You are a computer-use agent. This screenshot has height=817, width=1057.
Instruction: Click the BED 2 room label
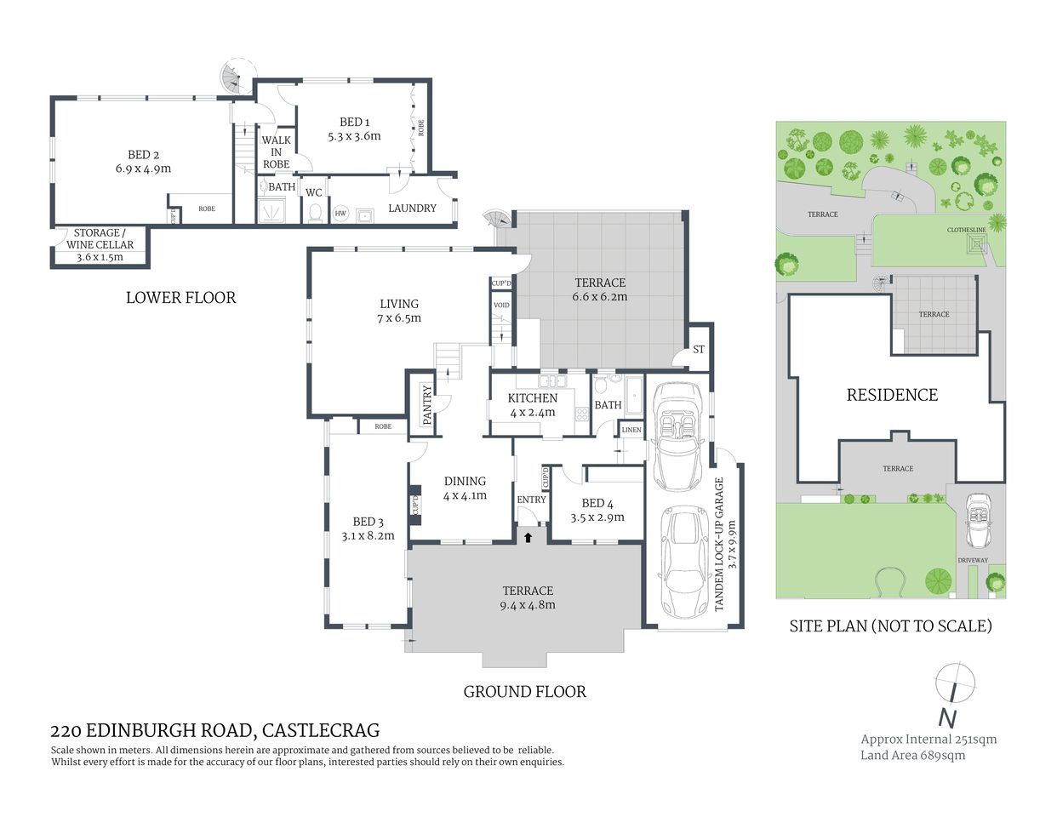pyautogui.click(x=143, y=155)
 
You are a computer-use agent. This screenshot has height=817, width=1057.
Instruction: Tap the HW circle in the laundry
pyautogui.click(x=340, y=214)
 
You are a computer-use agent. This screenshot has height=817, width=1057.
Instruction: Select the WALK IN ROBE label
pyautogui.click(x=276, y=152)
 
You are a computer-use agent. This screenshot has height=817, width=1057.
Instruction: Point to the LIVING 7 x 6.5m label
pyautogui.click(x=399, y=311)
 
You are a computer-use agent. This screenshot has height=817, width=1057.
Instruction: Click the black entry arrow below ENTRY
pyautogui.click(x=528, y=537)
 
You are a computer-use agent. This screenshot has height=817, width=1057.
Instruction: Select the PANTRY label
pyautogui.click(x=427, y=405)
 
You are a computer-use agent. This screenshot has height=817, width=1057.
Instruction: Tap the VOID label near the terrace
pyautogui.click(x=501, y=305)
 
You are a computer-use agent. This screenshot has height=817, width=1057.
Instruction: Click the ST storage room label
pyautogui.click(x=699, y=349)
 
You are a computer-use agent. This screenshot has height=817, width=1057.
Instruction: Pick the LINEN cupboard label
pyautogui.click(x=631, y=430)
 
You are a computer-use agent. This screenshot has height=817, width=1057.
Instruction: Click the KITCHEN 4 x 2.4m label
pyautogui.click(x=533, y=405)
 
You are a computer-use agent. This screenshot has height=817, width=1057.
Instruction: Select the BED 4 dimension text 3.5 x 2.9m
pyautogui.click(x=597, y=517)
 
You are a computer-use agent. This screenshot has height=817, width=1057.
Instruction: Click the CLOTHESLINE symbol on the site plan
pyautogui.click(x=976, y=244)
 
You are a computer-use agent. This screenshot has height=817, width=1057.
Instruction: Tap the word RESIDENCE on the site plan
pyautogui.click(x=892, y=395)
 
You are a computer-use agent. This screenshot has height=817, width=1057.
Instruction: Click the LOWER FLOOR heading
pyautogui.click(x=180, y=298)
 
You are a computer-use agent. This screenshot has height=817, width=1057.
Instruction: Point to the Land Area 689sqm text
pyautogui.click(x=912, y=755)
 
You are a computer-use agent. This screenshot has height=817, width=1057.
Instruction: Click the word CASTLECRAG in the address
pyautogui.click(x=321, y=730)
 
